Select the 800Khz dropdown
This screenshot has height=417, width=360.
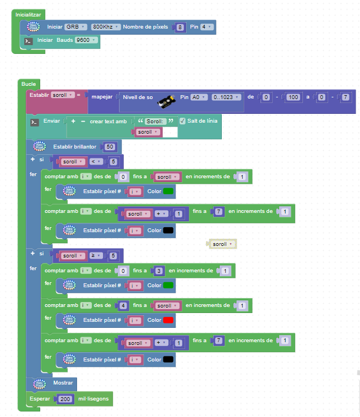click(105, 26)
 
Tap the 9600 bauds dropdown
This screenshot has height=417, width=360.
click(86, 40)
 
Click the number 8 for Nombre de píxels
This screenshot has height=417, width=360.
click(181, 27)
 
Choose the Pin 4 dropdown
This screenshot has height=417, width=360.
click(206, 26)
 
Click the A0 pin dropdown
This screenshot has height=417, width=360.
click(198, 97)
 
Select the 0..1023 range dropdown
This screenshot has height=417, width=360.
click(226, 97)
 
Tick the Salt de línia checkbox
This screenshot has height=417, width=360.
click(183, 121)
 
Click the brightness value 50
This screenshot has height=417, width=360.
click(110, 146)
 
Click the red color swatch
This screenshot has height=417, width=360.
click(168, 320)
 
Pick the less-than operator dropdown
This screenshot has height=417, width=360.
click(97, 162)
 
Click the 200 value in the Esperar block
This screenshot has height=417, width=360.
click(66, 399)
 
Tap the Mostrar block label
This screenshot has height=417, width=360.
click(63, 383)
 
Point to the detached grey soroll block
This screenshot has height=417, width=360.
click(222, 244)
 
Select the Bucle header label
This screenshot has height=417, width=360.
click(29, 84)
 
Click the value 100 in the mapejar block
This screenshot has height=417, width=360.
click(293, 97)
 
